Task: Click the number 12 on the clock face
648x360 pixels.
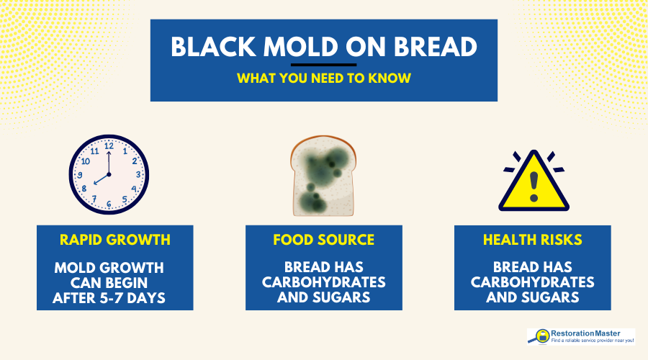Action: pyautogui.click(x=109, y=146)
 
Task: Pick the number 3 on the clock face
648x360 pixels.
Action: pyautogui.click(x=138, y=175)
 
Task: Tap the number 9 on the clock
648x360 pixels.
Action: pyautogui.click(x=79, y=175)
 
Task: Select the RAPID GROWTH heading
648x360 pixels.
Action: pyautogui.click(x=114, y=240)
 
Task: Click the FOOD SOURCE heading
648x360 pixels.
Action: pyautogui.click(x=323, y=240)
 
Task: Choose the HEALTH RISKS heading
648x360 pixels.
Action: pyautogui.click(x=533, y=240)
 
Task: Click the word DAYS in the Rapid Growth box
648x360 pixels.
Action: pyautogui.click(x=148, y=296)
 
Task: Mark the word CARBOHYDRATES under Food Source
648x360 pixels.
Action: pyautogui.click(x=324, y=282)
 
